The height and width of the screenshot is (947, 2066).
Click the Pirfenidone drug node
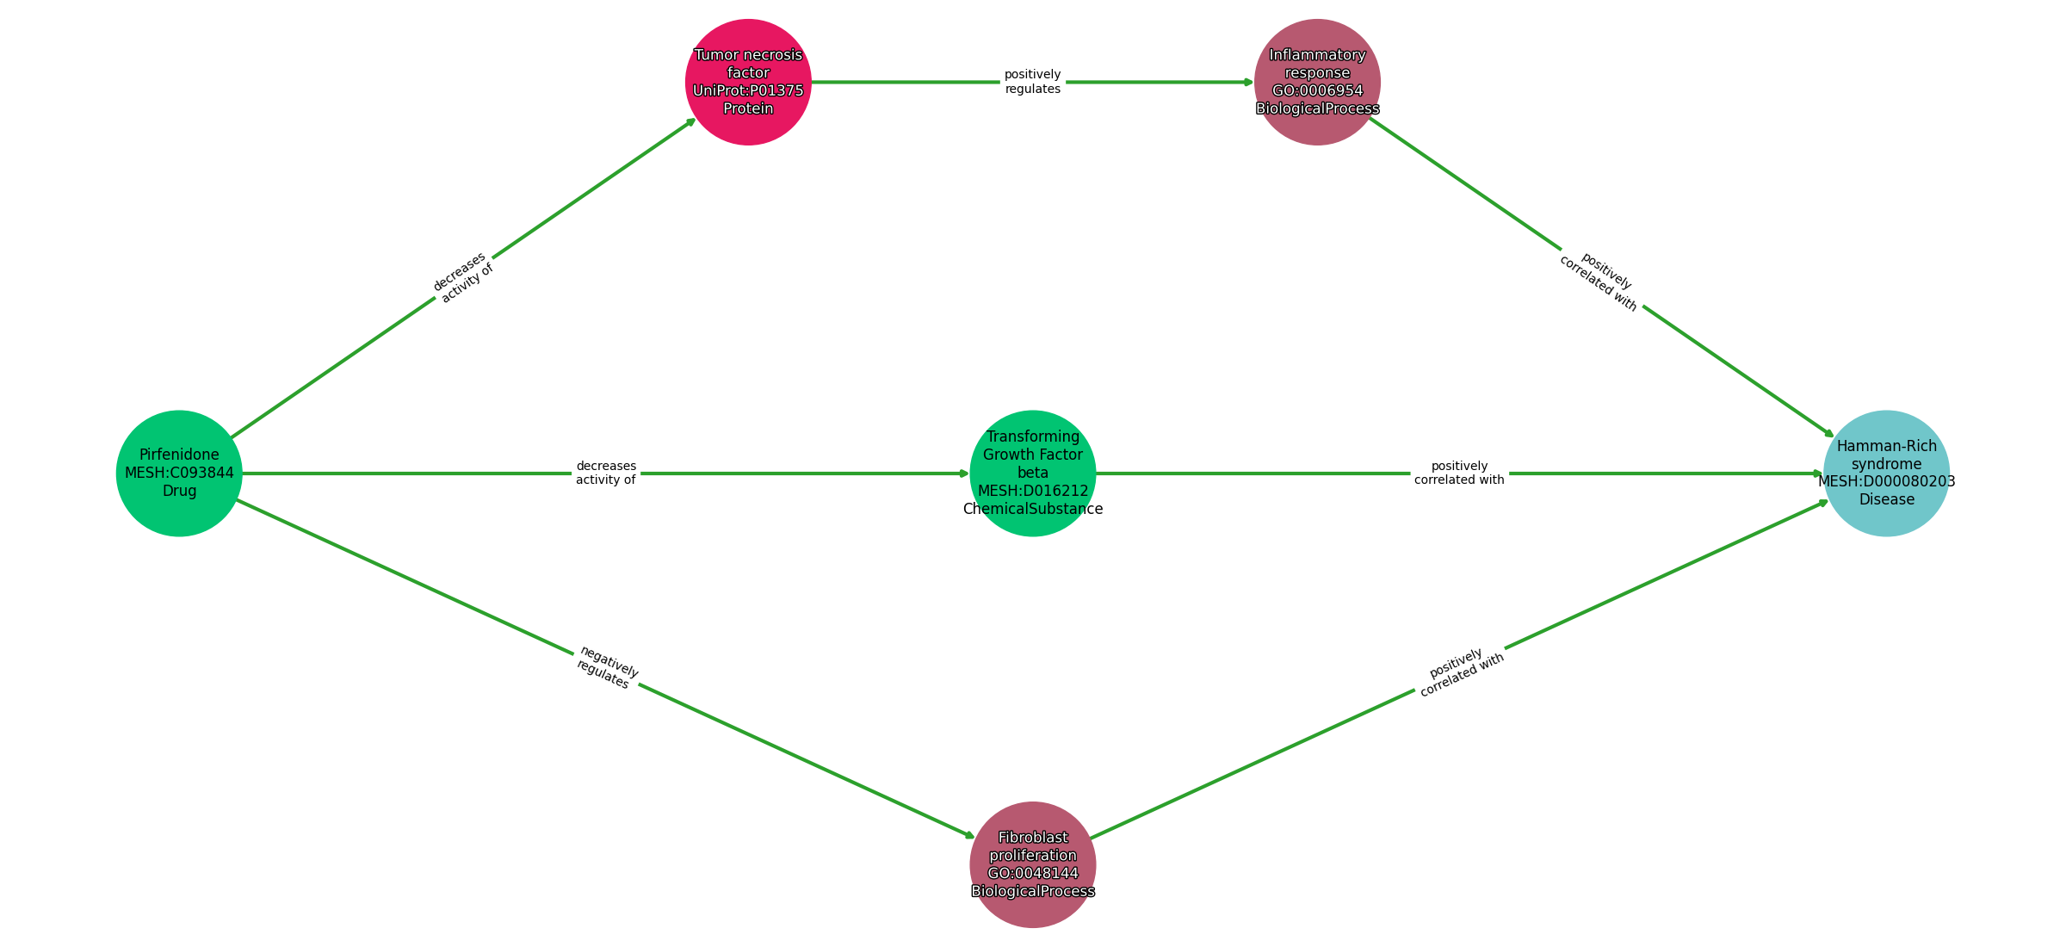pyautogui.click(x=179, y=473)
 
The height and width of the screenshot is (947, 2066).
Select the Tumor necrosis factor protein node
pyautogui.click(x=748, y=82)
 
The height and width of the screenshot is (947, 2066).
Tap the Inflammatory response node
pyautogui.click(x=1317, y=82)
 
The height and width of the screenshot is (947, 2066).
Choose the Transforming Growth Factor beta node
pyautogui.click(x=1032, y=473)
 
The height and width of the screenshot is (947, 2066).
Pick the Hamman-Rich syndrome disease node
pyautogui.click(x=1886, y=473)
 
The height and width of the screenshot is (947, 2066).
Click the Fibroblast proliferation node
pyautogui.click(x=1032, y=864)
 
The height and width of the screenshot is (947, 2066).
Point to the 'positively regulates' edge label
pyautogui.click(x=1032, y=82)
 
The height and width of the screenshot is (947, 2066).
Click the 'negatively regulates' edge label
pyautogui.click(x=607, y=668)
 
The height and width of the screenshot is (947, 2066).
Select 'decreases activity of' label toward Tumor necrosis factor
pyautogui.click(x=463, y=277)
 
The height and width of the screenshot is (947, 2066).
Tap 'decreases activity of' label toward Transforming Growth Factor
pyautogui.click(x=606, y=473)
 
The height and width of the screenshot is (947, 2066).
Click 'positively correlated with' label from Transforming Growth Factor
pyautogui.click(x=1459, y=473)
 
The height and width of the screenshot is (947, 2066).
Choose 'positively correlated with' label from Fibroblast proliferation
pyautogui.click(x=1460, y=672)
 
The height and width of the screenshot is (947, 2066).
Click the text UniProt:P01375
pyautogui.click(x=748, y=90)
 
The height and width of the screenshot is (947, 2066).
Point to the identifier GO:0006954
pyautogui.click(x=1317, y=90)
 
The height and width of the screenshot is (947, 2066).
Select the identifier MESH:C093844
pyautogui.click(x=179, y=473)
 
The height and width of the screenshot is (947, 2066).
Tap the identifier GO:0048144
pyautogui.click(x=1032, y=873)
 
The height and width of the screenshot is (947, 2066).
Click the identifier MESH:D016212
pyautogui.click(x=1032, y=491)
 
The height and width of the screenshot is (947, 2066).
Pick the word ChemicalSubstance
pyautogui.click(x=1032, y=509)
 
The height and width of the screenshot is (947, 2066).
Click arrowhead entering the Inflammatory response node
pyautogui.click(x=1248, y=82)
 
